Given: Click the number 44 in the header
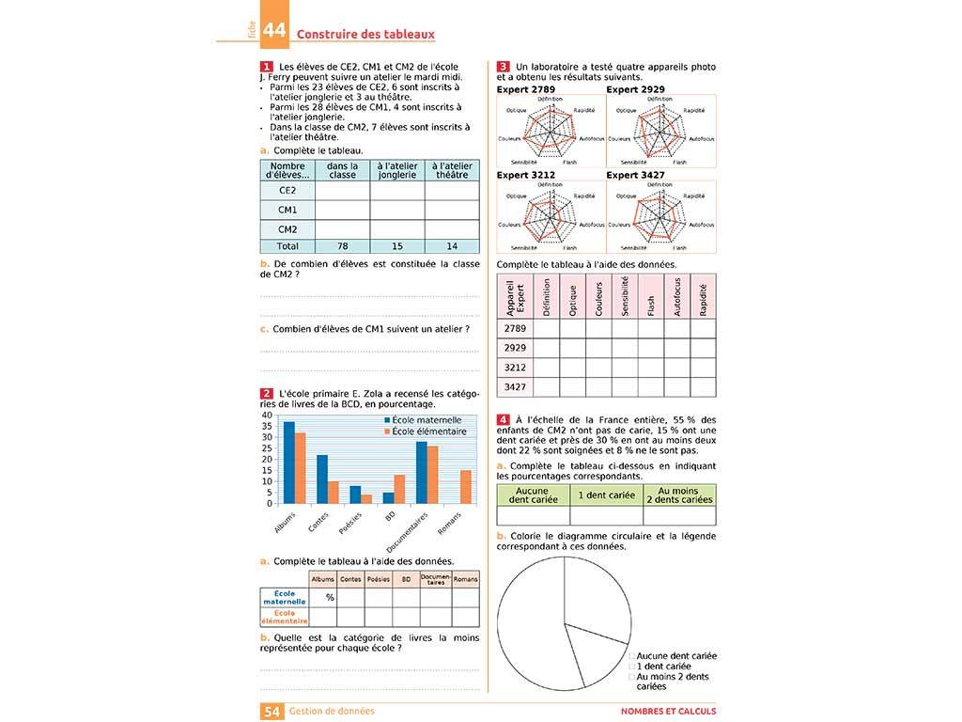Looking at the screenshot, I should click(x=274, y=31).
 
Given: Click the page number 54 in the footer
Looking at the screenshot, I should click(x=272, y=712).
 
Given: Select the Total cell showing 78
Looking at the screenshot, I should click(x=342, y=246).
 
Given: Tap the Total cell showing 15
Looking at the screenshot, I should click(x=396, y=246).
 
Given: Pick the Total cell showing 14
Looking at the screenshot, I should click(x=452, y=246).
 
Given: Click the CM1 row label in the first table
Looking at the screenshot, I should click(x=287, y=210).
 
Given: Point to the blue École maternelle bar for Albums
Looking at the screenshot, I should click(x=289, y=463).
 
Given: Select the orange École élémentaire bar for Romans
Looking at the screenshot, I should click(x=466, y=486).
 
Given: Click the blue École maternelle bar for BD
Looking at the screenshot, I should click(x=389, y=497).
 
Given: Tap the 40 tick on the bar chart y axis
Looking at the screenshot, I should click(x=267, y=416).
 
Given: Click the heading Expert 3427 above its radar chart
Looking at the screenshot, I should click(x=635, y=175).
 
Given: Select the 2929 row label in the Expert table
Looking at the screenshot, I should click(x=515, y=348).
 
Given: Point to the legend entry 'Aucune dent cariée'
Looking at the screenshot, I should click(x=675, y=655).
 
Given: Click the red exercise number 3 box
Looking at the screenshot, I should click(x=504, y=67).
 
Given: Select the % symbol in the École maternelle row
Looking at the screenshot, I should click(x=330, y=597).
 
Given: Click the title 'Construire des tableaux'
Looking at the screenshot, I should click(x=365, y=34).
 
